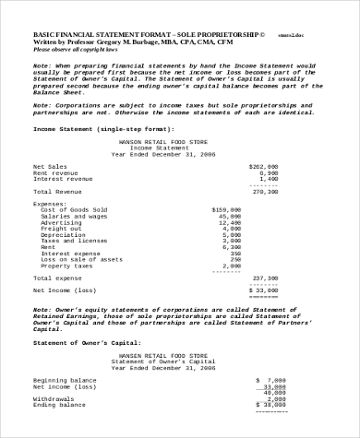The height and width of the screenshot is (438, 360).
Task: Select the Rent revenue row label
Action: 54,172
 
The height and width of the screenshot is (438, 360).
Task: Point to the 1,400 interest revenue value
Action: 269,179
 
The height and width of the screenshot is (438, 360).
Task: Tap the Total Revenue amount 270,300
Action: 266,191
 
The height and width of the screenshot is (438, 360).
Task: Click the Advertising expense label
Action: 61,222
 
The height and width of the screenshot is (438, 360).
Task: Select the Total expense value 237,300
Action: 266,278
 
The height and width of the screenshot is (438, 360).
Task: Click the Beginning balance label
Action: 65,379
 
